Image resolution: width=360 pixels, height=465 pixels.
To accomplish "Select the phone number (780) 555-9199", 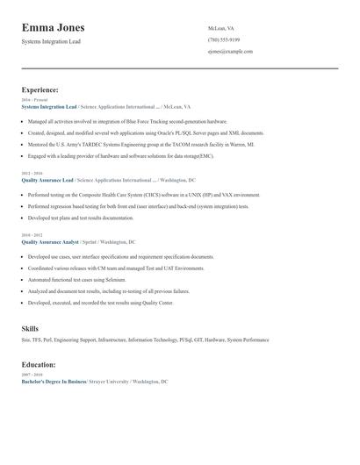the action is coord(225,39).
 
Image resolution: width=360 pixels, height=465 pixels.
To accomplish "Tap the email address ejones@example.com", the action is coord(230,52).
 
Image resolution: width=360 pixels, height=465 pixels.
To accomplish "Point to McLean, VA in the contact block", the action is coord(221,28).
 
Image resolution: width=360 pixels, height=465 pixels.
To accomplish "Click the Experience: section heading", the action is coord(40,89).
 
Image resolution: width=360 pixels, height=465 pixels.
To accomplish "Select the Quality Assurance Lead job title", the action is coord(47,180).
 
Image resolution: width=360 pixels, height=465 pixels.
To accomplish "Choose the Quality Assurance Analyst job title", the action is coord(50,240).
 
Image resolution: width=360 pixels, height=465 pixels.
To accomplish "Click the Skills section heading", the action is coord(30,328).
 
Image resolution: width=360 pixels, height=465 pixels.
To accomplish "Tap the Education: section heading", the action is coord(39,364).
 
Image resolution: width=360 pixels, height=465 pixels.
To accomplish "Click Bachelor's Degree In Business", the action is coord(54,383).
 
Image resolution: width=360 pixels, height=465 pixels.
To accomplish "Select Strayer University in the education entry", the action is coord(108,383).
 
